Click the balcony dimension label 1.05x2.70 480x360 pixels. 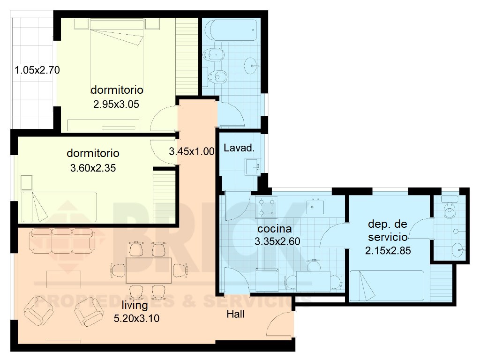[37, 71]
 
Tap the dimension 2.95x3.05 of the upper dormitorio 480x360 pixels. [116, 104]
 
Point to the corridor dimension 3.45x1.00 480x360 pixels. [192, 151]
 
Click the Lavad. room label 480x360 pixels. [239, 149]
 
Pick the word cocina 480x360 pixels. [275, 229]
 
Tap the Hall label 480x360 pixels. [235, 315]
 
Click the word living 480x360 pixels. [135, 306]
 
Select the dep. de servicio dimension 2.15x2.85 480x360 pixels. [388, 250]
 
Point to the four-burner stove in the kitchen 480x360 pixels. [267, 207]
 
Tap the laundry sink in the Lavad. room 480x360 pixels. [254, 165]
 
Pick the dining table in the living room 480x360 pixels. [149, 270]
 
